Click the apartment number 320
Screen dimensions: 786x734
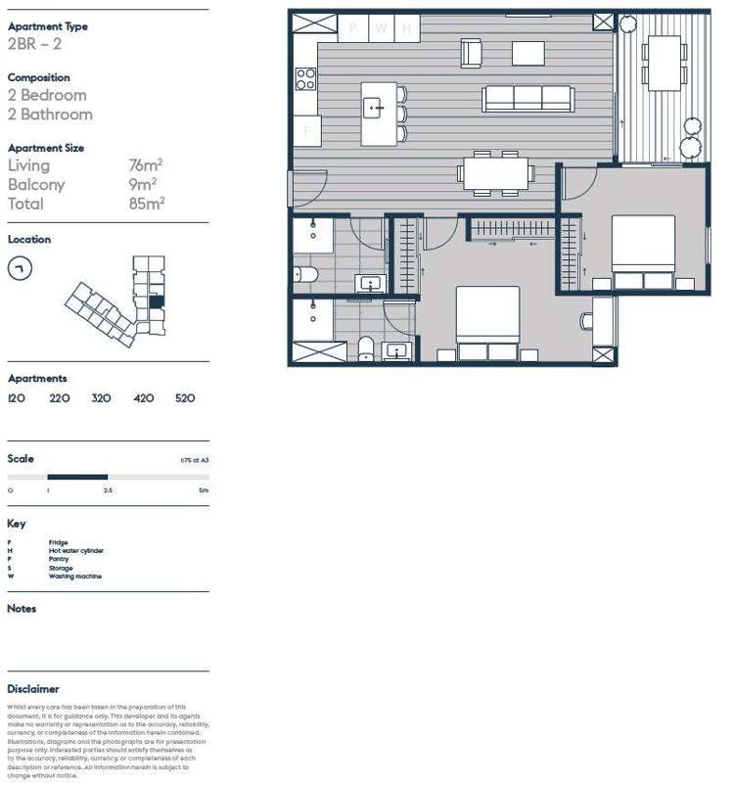[x=101, y=398]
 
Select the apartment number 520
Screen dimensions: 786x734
[x=185, y=398]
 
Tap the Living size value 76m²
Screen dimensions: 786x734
[x=145, y=166]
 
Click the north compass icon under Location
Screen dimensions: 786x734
[x=20, y=268]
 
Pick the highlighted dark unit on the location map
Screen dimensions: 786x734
[x=156, y=302]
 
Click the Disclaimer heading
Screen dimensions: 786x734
[x=33, y=689]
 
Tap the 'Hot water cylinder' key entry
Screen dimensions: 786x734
[x=76, y=551]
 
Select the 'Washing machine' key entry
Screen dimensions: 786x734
[x=74, y=577]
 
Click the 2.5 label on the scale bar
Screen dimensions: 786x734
[x=108, y=488]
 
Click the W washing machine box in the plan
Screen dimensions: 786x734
[x=381, y=28]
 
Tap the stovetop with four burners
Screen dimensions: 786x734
[x=306, y=77]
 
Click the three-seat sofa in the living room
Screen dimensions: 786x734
[x=528, y=98]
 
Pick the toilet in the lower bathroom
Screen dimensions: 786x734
[x=366, y=347]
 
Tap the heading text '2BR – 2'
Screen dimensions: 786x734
[x=34, y=45]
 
